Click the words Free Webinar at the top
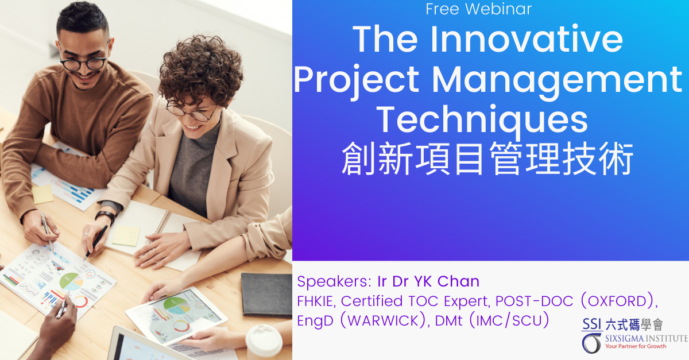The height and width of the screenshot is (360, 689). (x=479, y=9)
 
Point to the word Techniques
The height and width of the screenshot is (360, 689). (x=482, y=121)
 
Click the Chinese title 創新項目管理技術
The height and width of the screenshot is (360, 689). (x=487, y=159)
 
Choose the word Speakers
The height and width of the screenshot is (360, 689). (x=334, y=281)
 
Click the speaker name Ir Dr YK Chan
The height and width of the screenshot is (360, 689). (x=428, y=281)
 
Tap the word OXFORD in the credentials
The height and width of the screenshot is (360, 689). (x=617, y=301)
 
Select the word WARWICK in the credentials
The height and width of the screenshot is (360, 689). (x=383, y=320)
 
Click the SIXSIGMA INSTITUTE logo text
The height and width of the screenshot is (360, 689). (x=647, y=338)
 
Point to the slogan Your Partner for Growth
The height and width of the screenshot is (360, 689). (x=636, y=346)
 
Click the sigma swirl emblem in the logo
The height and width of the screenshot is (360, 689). (x=591, y=343)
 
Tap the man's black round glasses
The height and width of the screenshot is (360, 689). (x=83, y=63)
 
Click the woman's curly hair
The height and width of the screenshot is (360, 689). (x=200, y=71)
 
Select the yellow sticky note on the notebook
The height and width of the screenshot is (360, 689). (x=126, y=235)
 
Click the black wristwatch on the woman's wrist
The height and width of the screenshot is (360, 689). (x=105, y=216)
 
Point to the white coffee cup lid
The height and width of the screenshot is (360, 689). (x=264, y=338)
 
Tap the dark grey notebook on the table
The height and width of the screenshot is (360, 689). (x=266, y=295)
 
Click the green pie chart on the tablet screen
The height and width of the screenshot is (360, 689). (x=175, y=303)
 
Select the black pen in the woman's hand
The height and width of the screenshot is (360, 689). (x=96, y=242)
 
